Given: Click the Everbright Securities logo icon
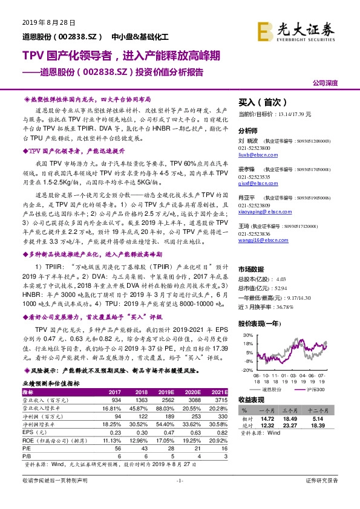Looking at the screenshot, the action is click(x=264, y=28).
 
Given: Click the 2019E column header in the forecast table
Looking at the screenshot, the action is click(x=165, y=392).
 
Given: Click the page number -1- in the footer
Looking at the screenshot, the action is click(x=180, y=497).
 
